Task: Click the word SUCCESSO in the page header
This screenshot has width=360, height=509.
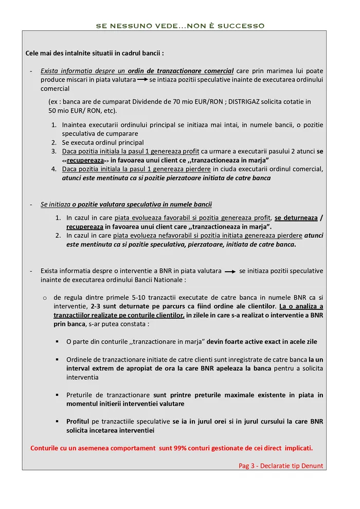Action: click(x=244, y=25)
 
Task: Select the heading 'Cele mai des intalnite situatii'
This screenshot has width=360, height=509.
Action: click(x=95, y=53)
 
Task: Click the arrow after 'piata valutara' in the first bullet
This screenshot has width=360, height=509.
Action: click(x=142, y=80)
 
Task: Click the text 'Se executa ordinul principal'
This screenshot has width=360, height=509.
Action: click(x=103, y=143)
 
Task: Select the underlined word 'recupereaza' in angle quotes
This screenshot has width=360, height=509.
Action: click(x=84, y=161)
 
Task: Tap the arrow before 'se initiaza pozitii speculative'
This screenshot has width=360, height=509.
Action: click(x=230, y=271)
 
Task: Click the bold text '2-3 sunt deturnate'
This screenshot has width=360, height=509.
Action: click(x=119, y=306)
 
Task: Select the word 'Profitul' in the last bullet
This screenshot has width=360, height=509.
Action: click(x=78, y=421)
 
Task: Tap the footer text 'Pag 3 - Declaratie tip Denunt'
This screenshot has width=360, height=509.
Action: click(x=281, y=466)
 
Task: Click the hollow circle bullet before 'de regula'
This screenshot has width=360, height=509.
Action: click(x=45, y=297)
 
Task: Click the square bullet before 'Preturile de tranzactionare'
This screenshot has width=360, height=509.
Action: click(x=57, y=395)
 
